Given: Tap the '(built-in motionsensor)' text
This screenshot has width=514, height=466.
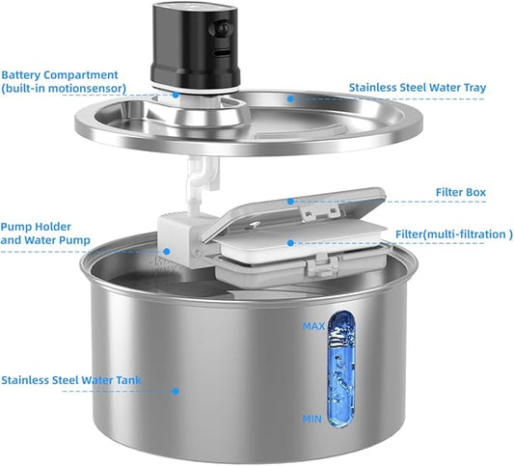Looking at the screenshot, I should (64, 88).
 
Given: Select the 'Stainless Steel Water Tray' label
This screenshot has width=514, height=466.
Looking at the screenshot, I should (418, 88).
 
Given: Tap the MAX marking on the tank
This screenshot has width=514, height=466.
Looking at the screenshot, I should (312, 326).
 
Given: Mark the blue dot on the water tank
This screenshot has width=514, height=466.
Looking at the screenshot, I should (176, 391).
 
